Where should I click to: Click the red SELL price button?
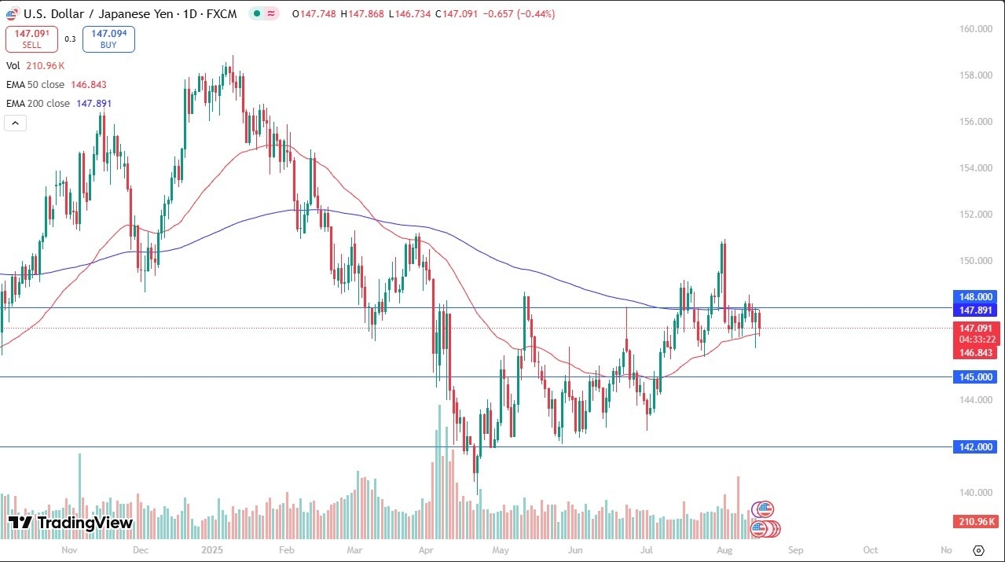coord(31,39)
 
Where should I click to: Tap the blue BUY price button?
coord(108,39)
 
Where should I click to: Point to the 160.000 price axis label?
coord(975,29)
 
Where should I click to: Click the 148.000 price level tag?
coord(975,297)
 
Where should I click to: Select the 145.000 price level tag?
coord(975,377)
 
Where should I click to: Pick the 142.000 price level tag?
coord(975,447)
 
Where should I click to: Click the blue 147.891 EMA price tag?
coord(975,310)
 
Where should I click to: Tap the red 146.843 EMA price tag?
coord(975,353)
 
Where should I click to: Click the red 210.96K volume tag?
coord(975,522)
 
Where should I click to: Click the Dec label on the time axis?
coord(141,550)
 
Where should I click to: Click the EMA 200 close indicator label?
coord(37,103)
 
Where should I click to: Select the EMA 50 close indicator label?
coord(35,84)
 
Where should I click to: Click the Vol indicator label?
coord(13,66)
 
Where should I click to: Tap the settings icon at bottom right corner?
coord(978,550)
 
